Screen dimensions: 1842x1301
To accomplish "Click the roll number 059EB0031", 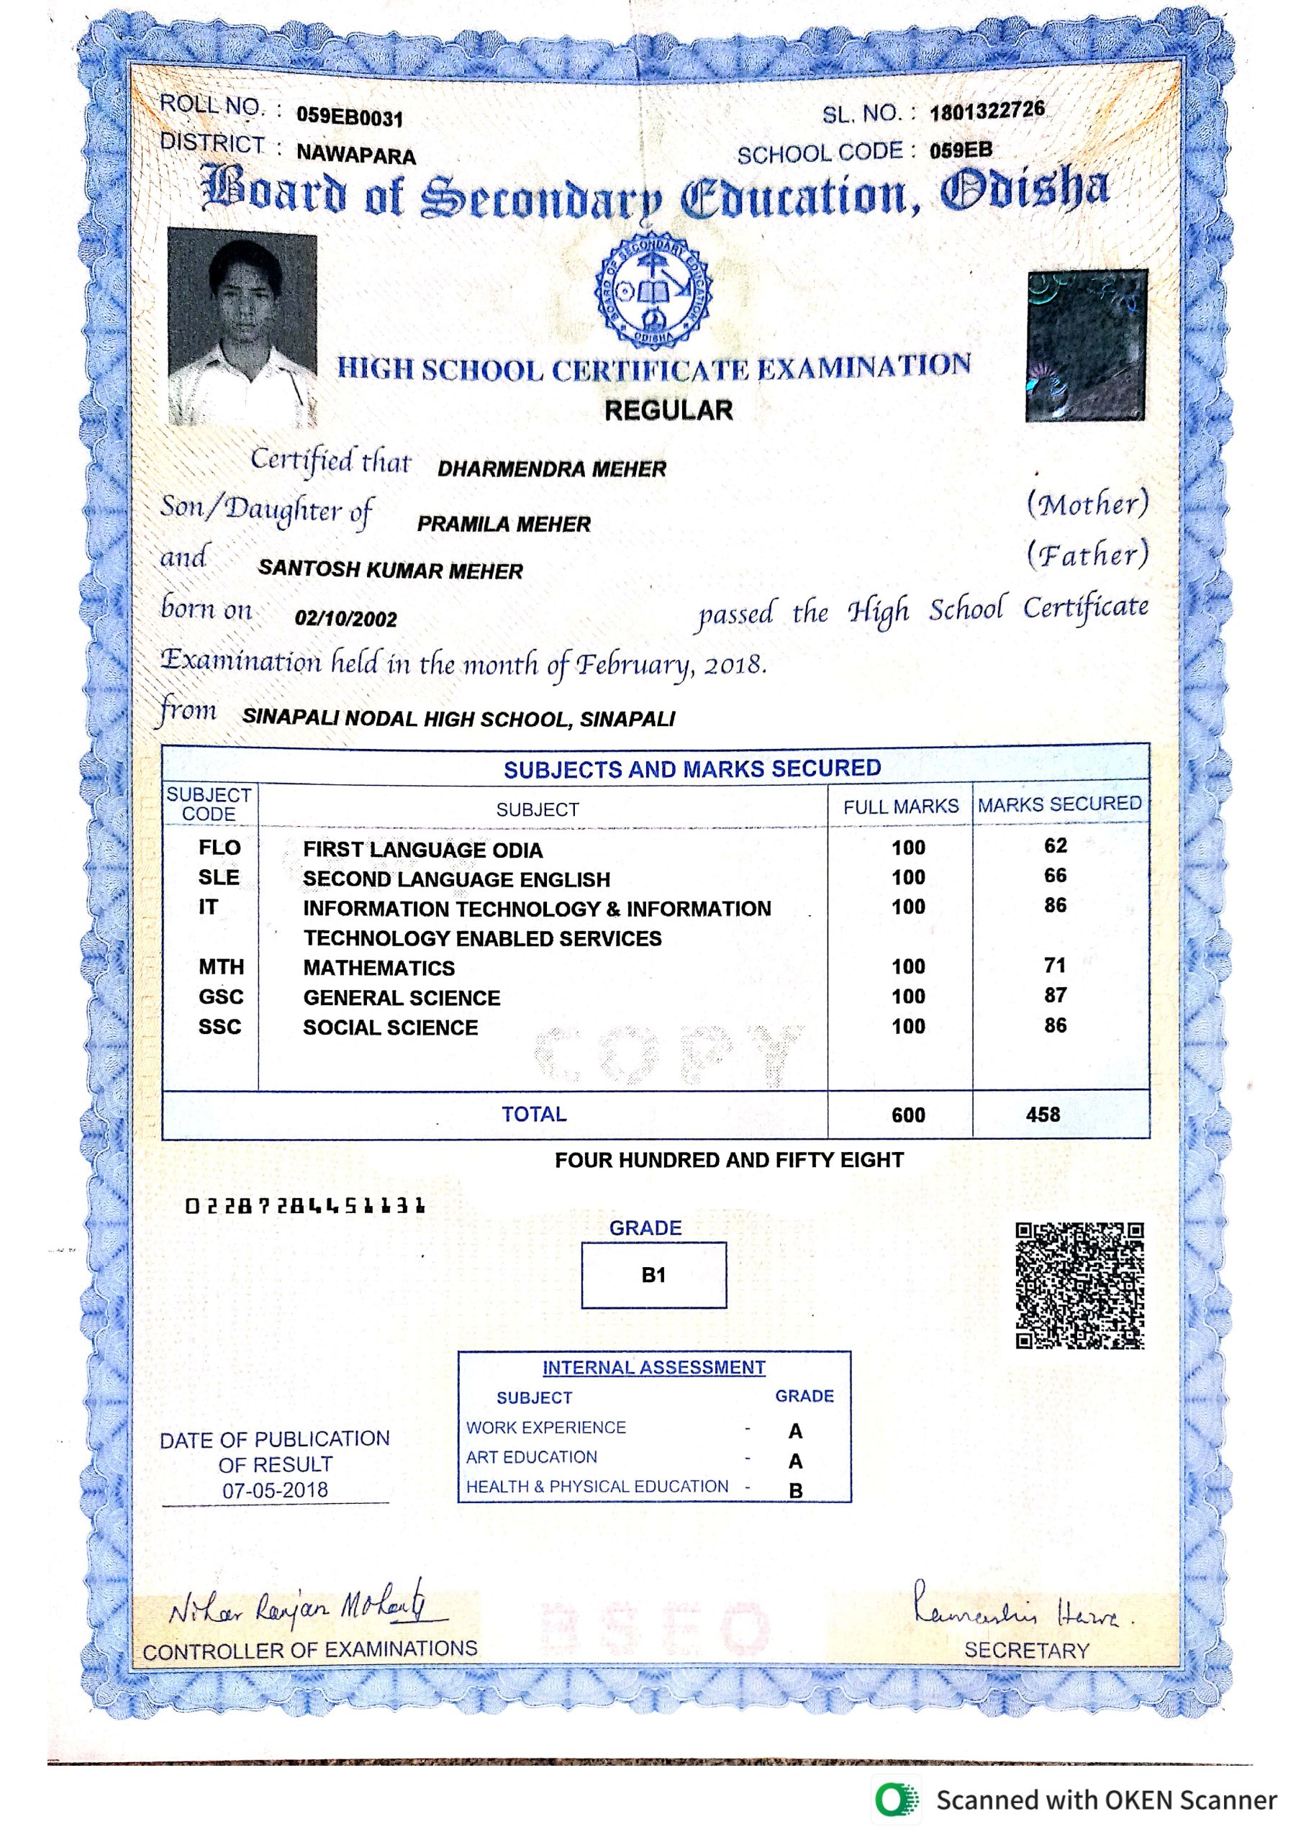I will pos(350,117).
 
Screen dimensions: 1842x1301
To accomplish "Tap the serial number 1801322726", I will pos(987,110).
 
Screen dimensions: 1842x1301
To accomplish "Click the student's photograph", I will pos(242,327).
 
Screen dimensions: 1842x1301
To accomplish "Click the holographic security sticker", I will pos(1086,346).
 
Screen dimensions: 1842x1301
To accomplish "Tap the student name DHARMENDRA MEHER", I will pos(552,469).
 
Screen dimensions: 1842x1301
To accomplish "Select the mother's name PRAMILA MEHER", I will pos(504,525).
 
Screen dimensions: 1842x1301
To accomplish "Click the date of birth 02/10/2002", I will pos(345,619).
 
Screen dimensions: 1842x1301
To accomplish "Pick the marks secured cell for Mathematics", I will pos(1055,965).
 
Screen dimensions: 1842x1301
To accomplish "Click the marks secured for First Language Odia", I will pos(1055,845).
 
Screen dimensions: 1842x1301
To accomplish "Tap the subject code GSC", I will pos(221,997).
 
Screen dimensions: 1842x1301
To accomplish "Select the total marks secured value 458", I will pos(1043,1115).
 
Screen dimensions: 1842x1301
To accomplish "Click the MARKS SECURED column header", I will pos(1059,804).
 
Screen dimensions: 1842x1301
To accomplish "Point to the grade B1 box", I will pos(653,1276).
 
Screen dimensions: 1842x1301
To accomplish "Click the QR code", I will pos(1079,1286).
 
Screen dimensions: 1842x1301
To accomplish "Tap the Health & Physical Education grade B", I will pos(796,1491).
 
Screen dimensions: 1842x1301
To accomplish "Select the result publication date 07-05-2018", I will pos(275,1491).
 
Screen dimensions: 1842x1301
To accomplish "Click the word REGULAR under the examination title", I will pos(668,411).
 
